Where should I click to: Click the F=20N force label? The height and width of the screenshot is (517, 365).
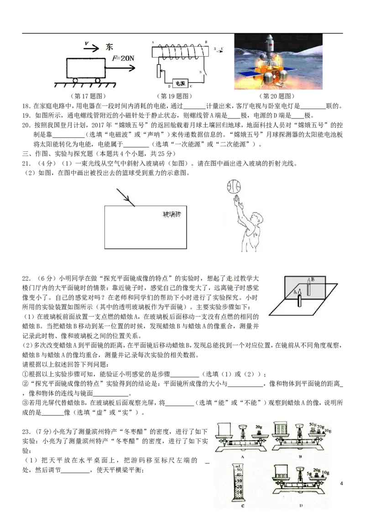pos(123,58)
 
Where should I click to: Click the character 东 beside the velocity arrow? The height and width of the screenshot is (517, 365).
pos(109,47)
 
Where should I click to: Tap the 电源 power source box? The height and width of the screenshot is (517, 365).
pos(180,84)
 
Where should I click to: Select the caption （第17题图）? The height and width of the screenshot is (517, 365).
pos(89,96)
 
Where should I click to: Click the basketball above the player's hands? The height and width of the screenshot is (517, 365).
pos(234,187)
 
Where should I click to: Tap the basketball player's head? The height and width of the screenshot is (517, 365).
pos(257,219)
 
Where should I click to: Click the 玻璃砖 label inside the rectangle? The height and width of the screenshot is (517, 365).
pos(172,214)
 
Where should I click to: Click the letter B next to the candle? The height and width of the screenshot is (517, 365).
pos(313,279)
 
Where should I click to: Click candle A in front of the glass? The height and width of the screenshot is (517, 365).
pos(299,298)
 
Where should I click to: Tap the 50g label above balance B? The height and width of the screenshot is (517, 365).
pos(313,424)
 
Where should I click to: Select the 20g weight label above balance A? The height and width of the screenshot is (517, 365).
pos(259,427)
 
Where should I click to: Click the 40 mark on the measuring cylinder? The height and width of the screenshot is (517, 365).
pos(239,475)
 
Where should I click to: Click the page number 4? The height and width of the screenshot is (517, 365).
pos(341,483)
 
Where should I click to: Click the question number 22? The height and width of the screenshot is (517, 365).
pos(26,278)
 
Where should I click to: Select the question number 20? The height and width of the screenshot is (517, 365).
pos(26,125)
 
